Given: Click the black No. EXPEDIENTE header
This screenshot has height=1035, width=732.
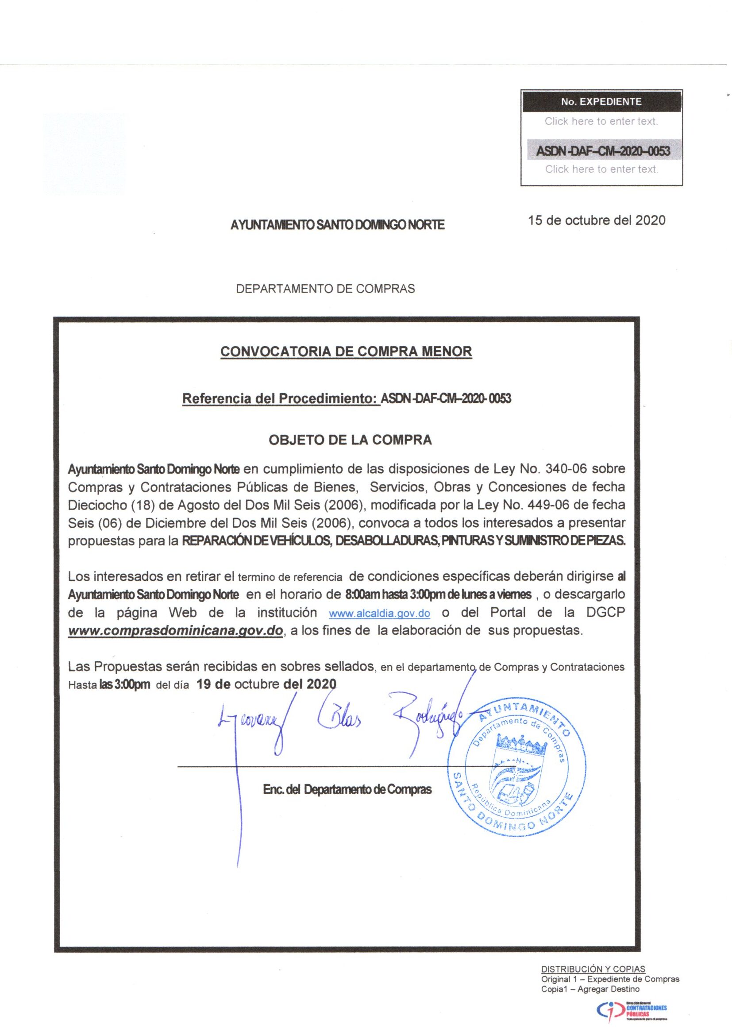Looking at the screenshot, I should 601,102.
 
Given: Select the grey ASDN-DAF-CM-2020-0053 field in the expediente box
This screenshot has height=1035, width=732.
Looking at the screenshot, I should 602,151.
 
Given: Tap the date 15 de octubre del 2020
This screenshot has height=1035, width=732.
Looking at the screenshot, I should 597,220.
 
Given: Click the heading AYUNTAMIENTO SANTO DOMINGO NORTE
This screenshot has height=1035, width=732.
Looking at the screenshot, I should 337,224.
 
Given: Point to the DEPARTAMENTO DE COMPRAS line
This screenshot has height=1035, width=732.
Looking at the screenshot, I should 325,289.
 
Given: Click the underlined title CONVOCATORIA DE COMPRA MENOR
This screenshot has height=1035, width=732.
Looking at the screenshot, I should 346,351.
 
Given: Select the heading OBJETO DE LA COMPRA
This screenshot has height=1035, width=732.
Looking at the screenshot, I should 350,440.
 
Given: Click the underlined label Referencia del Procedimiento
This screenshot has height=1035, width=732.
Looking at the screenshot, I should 281,398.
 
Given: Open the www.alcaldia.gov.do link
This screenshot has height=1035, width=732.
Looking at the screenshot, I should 380,614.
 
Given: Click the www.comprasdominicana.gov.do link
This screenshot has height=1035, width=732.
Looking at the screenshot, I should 175,631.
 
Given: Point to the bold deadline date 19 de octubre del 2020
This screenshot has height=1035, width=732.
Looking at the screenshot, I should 266,684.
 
